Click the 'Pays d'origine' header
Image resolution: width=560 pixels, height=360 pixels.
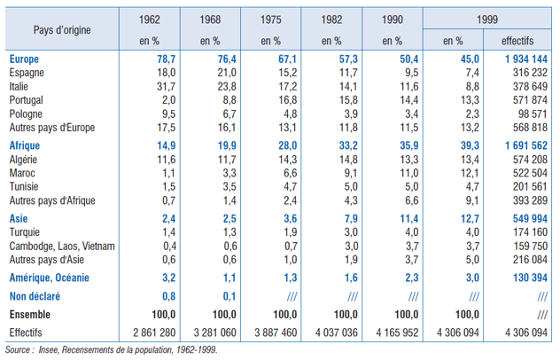[63, 28]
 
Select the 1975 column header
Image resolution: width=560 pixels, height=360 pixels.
[270, 18]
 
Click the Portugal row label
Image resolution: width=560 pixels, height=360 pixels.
[28, 100]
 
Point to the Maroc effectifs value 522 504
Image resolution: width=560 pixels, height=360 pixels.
[528, 173]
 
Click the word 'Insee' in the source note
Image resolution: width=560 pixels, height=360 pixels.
[44, 350]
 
